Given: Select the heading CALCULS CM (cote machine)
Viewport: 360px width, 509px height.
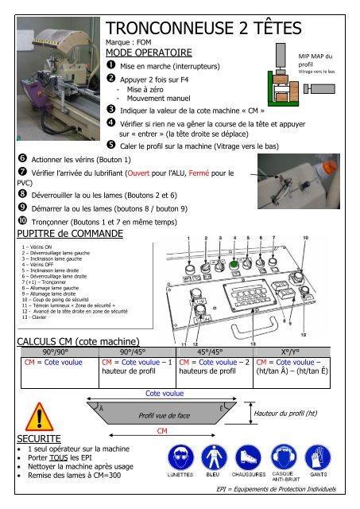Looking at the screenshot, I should click(74, 342).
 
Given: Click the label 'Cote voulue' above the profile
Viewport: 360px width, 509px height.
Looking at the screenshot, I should click(165, 392).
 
